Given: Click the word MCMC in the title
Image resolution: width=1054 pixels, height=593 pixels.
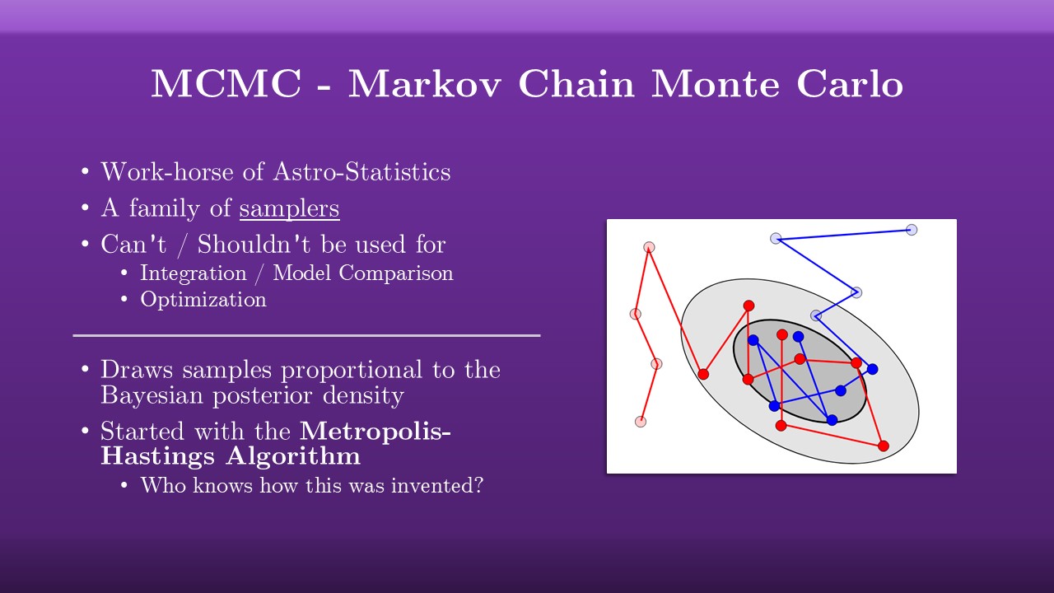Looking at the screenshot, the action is [226, 83].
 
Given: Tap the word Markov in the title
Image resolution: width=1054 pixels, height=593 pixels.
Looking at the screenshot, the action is [424, 83].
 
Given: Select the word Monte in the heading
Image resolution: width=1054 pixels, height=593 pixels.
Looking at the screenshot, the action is [715, 83].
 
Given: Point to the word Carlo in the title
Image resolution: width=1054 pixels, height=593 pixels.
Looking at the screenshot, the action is [849, 83].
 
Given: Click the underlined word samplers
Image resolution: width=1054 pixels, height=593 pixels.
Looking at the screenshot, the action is [289, 209].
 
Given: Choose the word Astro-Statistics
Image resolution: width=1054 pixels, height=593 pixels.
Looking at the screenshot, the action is [361, 171].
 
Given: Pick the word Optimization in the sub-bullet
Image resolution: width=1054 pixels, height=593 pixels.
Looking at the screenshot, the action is [203, 300].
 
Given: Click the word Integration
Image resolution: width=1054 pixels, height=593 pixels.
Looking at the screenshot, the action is [194, 273].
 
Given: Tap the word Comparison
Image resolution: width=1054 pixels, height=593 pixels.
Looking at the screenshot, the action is [396, 273].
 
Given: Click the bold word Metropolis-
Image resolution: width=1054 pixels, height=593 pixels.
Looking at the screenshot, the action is [375, 431].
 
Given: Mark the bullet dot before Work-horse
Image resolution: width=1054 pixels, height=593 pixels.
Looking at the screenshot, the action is [85, 171].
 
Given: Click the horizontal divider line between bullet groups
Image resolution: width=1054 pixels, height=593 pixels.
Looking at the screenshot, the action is [307, 335].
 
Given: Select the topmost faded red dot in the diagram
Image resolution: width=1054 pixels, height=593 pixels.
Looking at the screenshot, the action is [649, 247].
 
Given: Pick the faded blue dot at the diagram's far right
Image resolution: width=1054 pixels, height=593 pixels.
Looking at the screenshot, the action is [912, 230].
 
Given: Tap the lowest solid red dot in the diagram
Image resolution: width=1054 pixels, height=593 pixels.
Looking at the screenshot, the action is [884, 446].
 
